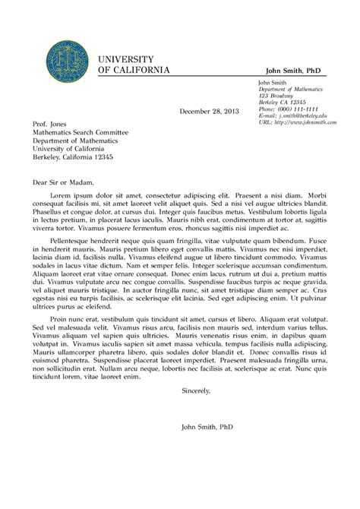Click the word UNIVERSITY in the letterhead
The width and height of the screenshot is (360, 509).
pos(126,58)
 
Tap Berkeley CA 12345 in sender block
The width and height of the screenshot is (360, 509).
pos(283,101)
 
